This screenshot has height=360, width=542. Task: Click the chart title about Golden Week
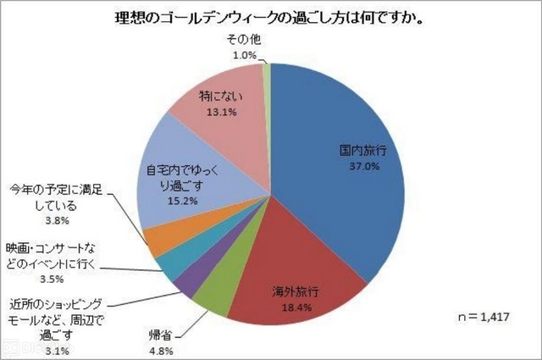(x=271, y=18)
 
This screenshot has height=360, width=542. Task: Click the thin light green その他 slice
(x=266, y=73)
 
